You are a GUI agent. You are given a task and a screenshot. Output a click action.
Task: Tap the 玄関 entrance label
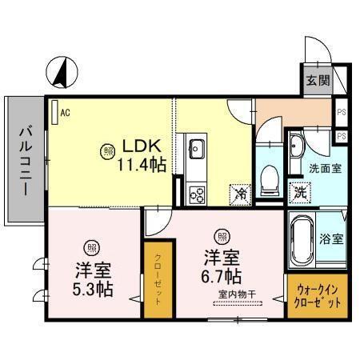[317, 80]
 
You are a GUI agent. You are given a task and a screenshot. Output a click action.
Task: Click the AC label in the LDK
[65, 113]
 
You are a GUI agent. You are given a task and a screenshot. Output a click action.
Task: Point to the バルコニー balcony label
[25, 160]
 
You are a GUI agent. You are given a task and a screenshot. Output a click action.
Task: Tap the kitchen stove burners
[196, 193]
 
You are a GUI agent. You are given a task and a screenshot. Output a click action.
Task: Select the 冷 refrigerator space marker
[239, 193]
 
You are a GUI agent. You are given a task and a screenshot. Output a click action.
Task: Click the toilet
[270, 176]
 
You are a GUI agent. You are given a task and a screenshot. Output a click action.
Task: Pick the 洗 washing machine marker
[298, 192]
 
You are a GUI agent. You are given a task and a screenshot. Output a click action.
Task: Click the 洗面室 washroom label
[326, 169]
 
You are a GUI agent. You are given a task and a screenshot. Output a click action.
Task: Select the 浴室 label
[332, 239]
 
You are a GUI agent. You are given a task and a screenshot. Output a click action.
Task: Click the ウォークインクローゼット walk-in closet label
[318, 298]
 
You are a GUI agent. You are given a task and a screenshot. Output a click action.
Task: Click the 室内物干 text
[234, 294]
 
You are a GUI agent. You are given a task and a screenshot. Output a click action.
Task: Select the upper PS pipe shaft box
[342, 113]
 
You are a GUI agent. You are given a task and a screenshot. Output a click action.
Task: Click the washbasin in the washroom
[296, 146]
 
